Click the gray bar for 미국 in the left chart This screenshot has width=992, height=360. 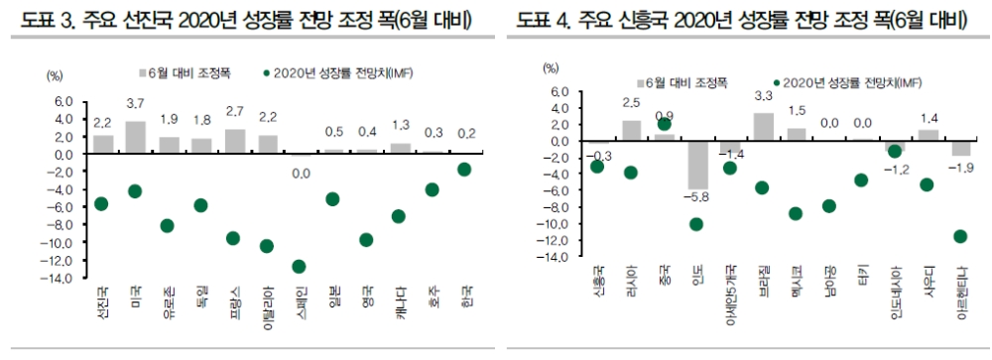pos(136,137)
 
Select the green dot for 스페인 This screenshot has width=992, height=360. pos(299,266)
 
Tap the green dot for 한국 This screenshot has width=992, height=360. pos(464,170)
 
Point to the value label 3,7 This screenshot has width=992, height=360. pos(136,104)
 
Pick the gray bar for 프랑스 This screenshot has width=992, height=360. pos(235,142)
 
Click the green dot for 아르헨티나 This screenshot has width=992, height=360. pos(960,236)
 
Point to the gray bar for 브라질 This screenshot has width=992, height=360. pos(764,127)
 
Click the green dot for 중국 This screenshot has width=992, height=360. pos(665,123)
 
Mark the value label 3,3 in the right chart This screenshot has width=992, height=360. pos(764,96)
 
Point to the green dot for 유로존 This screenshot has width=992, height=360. pos(168,225)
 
